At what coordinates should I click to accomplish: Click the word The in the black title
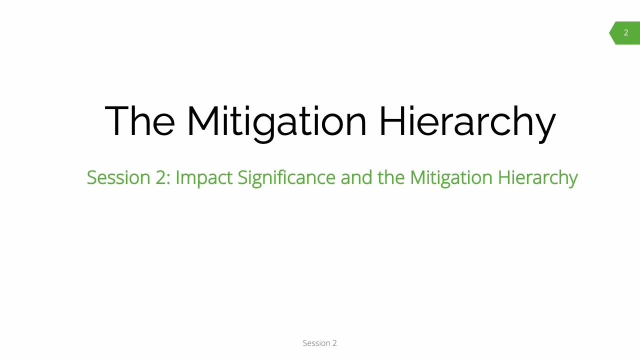click(x=139, y=120)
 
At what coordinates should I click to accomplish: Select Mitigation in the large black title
click(x=276, y=121)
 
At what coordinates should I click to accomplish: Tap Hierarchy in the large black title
click(x=467, y=121)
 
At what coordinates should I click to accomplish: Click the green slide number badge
click(x=625, y=33)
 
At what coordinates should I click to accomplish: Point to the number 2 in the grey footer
click(x=334, y=343)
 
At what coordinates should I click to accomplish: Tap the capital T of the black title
click(x=116, y=120)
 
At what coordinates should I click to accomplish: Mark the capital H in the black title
click(x=391, y=120)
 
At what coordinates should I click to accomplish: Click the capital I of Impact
click(x=177, y=177)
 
